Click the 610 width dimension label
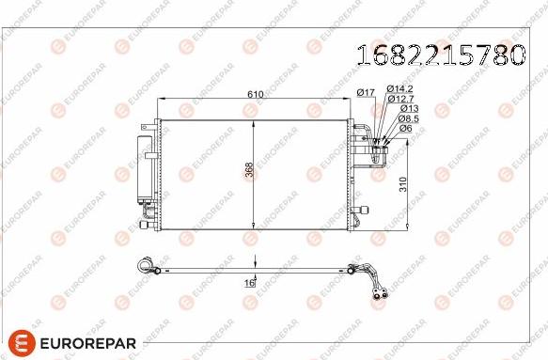tap(254, 94)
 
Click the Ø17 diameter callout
tap(366, 91)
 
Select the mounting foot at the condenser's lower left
tap(146, 223)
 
